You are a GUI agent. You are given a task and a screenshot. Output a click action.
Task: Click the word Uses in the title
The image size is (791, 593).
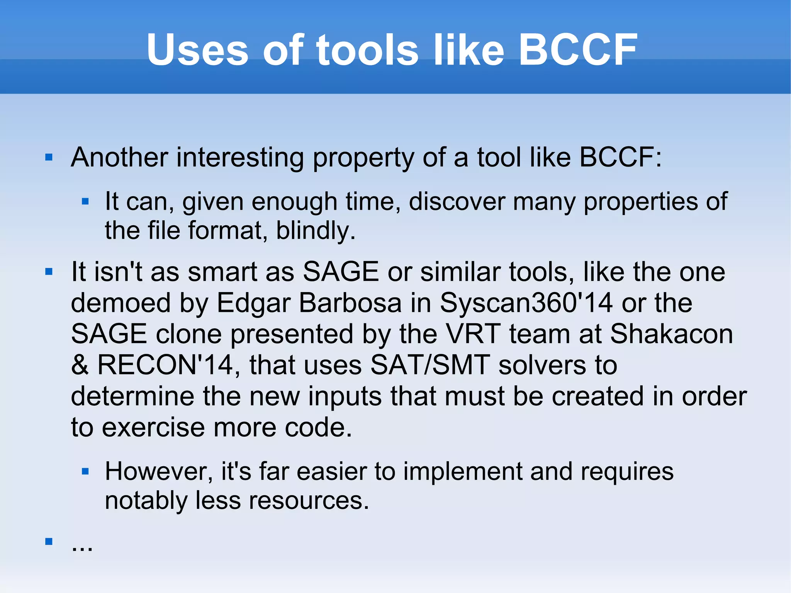[x=197, y=50]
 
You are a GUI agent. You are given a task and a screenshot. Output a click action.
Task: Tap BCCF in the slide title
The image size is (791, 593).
[x=577, y=50]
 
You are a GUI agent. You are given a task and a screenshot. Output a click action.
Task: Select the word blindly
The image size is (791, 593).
[x=315, y=231]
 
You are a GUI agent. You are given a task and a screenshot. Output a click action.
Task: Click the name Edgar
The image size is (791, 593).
[x=253, y=302]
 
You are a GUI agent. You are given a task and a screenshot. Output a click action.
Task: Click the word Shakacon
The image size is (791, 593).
[x=671, y=334]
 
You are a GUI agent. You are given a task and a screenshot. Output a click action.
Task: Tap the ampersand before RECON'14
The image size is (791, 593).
[x=80, y=365]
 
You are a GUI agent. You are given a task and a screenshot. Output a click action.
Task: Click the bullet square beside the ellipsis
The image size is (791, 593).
[x=49, y=541]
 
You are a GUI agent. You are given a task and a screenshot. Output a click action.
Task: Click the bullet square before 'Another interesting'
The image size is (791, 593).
[x=49, y=157]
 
